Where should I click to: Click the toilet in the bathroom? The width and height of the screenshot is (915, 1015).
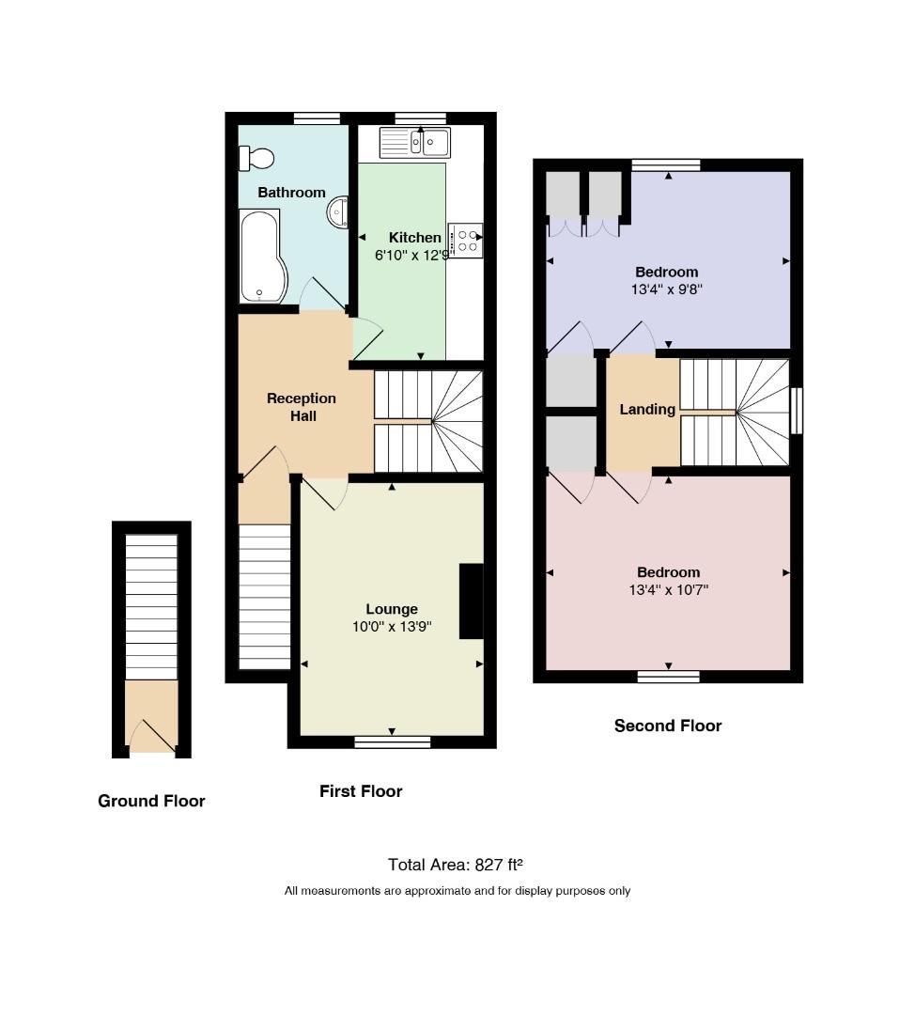[x=256, y=158]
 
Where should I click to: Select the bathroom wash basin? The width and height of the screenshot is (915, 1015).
[x=338, y=212]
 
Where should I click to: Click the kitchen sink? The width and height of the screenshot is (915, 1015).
[x=415, y=143]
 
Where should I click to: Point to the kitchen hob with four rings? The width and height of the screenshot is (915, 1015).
[x=465, y=241]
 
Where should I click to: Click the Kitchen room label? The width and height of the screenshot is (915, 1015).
[x=415, y=238]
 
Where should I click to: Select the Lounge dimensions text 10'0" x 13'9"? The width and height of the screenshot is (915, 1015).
[x=392, y=627]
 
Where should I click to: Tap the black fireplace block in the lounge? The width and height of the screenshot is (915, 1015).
[x=471, y=601]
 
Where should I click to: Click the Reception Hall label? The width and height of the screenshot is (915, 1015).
[x=302, y=407]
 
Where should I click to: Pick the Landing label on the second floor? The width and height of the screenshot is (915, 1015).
[x=647, y=409]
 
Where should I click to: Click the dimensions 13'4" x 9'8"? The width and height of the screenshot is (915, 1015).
[x=666, y=289]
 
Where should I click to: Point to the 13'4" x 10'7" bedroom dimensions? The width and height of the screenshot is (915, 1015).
[x=669, y=589]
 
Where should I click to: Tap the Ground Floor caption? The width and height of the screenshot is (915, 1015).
[x=151, y=802]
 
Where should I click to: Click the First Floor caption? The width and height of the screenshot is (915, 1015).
[x=361, y=791]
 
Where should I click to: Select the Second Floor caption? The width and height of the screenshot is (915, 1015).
[x=668, y=726]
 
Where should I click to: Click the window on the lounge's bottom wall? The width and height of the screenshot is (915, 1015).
[x=393, y=742]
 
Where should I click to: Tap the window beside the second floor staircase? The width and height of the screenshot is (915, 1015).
[x=798, y=411]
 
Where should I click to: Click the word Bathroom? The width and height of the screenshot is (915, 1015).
[x=291, y=193]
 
